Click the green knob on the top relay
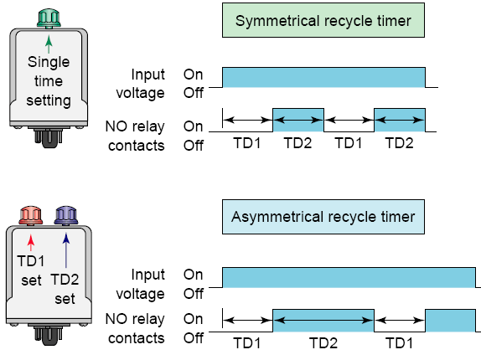pyautogui.click(x=49, y=18)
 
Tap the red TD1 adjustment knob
pyautogui.click(x=31, y=216)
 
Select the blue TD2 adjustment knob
pyautogui.click(x=66, y=216)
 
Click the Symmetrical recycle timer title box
pyautogui.click(x=323, y=20)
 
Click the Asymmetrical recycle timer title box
pyautogui.click(x=323, y=217)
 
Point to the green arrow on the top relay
pyautogui.click(x=49, y=44)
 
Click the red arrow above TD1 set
pyautogui.click(x=31, y=243)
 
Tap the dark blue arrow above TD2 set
pyautogui.click(x=66, y=250)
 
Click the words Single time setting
pyautogui.click(x=49, y=81)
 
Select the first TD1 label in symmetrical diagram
pyautogui.click(x=247, y=143)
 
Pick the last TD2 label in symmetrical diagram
pyautogui.click(x=399, y=143)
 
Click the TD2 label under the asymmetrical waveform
pyautogui.click(x=323, y=343)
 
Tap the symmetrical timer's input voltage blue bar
pyautogui.click(x=323, y=77)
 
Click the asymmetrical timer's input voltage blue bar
pyautogui.click(x=349, y=278)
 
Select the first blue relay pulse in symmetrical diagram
pyautogui.click(x=298, y=120)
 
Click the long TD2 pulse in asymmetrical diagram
pyautogui.click(x=323, y=321)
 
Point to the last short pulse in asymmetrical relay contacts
pyautogui.click(x=450, y=321)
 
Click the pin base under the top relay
pyautogui.click(x=49, y=137)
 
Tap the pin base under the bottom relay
pyautogui.click(x=49, y=335)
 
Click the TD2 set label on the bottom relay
pyautogui.click(x=65, y=289)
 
